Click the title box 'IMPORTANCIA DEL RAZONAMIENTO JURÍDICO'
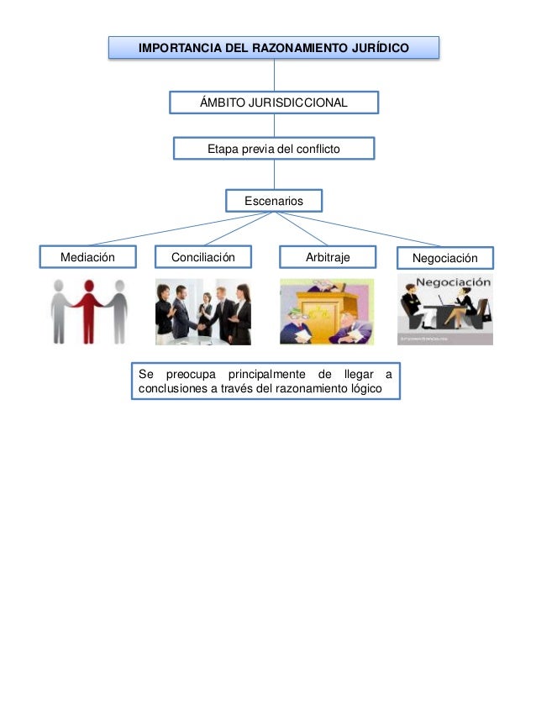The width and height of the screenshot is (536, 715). coord(274,48)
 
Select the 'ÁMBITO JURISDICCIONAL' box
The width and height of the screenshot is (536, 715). coord(274,103)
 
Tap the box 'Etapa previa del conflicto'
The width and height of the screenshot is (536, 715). coord(274,149)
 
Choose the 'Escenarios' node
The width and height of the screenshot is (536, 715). coord(274,201)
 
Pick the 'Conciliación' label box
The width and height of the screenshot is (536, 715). coord(203,257)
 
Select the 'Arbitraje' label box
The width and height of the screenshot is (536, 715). coord(328,257)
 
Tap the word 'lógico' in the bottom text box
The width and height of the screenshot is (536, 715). coord(363,389)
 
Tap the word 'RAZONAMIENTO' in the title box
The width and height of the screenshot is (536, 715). coord(299,49)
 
